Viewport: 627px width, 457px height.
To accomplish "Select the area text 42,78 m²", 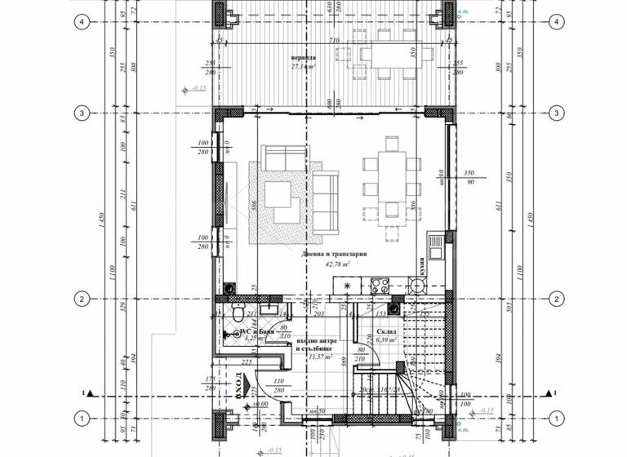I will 338,264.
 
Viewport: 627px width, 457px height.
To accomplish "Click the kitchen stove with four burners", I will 381,286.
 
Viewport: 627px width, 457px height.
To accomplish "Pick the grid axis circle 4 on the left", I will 82,21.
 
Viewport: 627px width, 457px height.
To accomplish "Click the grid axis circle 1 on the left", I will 82,419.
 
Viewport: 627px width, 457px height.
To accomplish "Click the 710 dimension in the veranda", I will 333,40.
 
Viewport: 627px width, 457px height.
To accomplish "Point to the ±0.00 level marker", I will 260,404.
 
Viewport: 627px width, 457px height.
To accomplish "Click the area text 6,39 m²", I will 386,340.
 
